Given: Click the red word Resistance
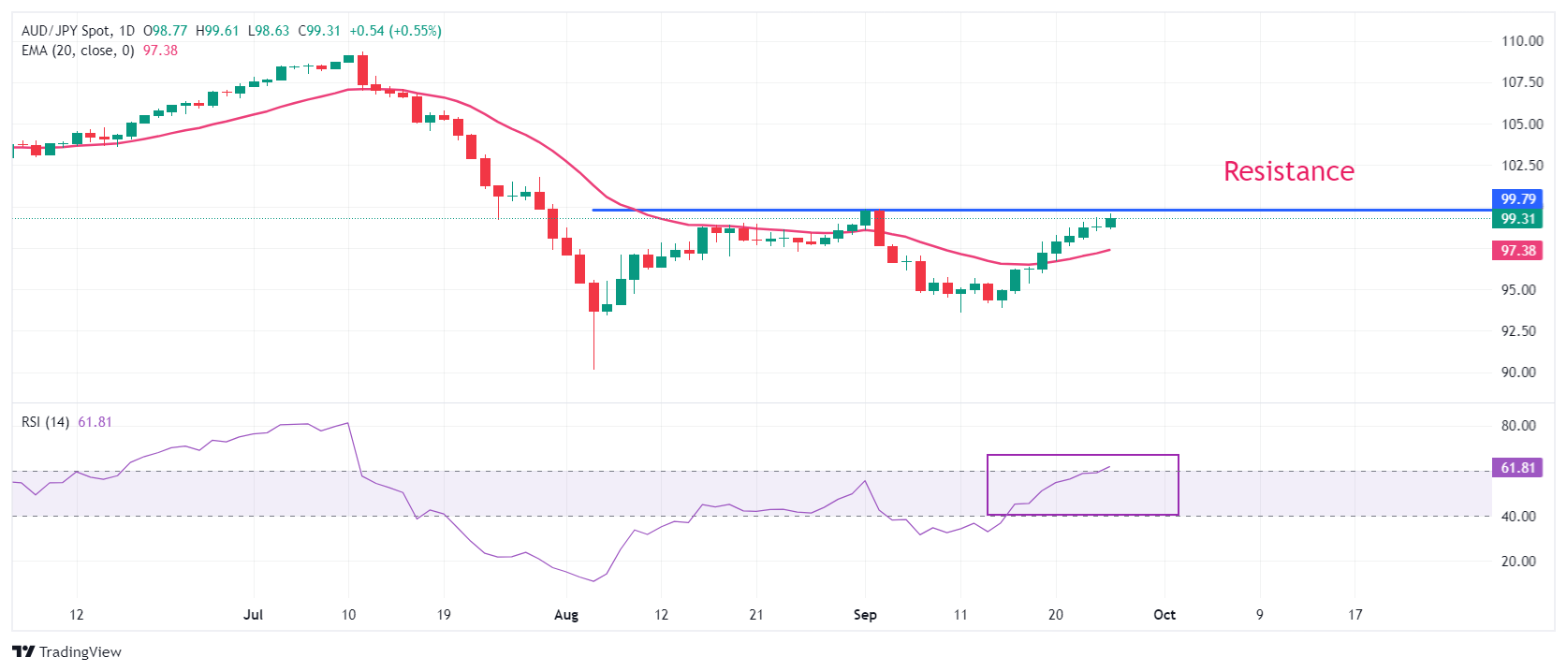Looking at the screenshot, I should click(1288, 171).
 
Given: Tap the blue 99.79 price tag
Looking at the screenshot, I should click(1517, 199).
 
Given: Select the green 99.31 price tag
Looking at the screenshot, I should click(1517, 219).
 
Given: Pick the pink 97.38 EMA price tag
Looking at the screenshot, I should click(1517, 251).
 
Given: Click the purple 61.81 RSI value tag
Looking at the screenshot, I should click(1517, 468).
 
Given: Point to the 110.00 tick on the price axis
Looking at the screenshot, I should click(1522, 41).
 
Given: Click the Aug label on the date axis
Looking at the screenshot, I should click(566, 615).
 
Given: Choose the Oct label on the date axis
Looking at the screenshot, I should click(1164, 615).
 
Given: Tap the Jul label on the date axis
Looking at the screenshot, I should click(253, 615).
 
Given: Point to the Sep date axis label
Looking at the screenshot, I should click(865, 615).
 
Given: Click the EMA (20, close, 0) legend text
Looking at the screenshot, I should click(78, 51).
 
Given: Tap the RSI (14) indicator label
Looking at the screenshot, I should click(45, 422).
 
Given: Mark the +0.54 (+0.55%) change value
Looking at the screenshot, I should click(395, 31).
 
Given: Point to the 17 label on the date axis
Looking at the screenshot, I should click(1355, 615).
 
